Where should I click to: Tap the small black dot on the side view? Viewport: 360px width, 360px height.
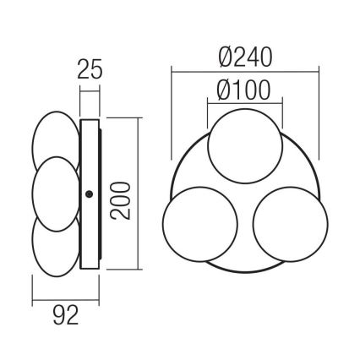[89, 194]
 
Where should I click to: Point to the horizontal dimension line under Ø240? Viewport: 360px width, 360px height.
[245, 71]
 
